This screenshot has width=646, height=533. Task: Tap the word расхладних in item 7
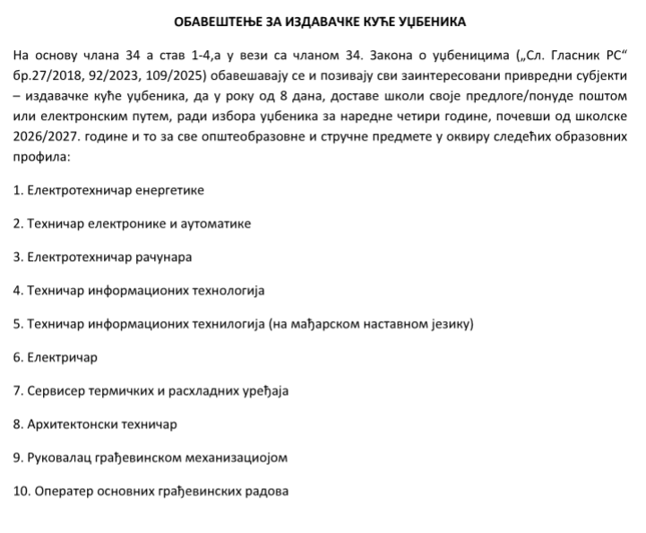click(201, 391)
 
